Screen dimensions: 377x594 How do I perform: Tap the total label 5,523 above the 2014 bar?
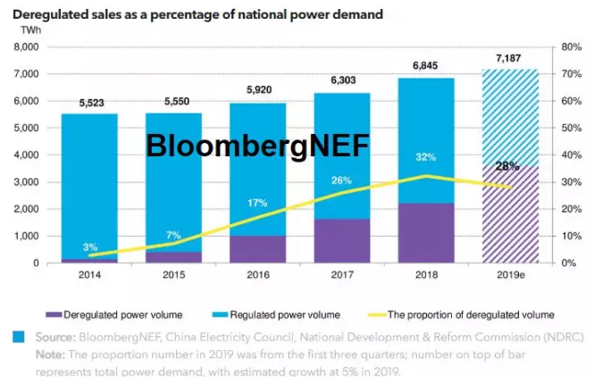click(92, 104)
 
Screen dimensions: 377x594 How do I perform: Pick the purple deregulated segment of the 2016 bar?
click(258, 249)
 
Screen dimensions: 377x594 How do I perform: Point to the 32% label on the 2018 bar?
click(426, 158)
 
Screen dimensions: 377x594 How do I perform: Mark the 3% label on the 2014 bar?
click(91, 247)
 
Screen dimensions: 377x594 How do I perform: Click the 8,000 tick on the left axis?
click(26, 47)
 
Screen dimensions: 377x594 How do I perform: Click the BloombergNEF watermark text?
click(258, 145)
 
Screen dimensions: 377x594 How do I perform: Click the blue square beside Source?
click(19, 338)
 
